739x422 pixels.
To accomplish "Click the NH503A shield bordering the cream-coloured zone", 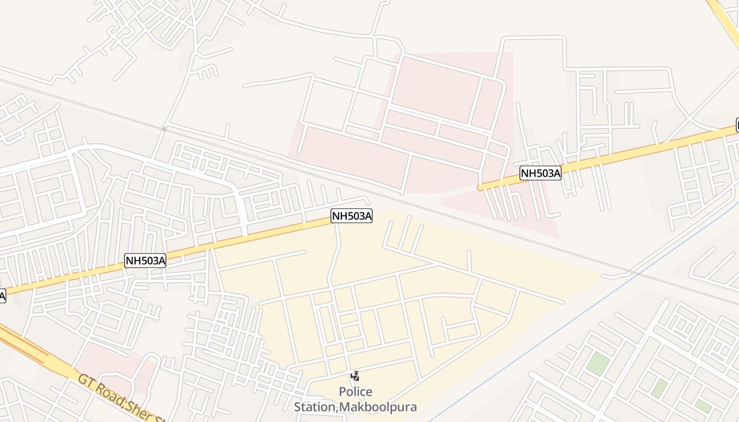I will [x=352, y=215].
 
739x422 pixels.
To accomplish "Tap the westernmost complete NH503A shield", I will [x=145, y=260].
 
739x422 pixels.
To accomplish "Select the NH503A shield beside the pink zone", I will [x=540, y=173].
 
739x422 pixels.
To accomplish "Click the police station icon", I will [x=355, y=376].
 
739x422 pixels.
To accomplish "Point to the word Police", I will [x=355, y=392].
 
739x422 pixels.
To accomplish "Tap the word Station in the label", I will [x=315, y=407].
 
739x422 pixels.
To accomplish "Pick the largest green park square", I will [x=598, y=364].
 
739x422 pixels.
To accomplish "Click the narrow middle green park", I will [x=659, y=388].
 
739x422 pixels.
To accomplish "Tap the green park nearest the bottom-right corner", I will [x=703, y=406].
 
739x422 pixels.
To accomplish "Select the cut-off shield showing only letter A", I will [x=2, y=296].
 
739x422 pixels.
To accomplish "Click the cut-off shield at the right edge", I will [x=737, y=126].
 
